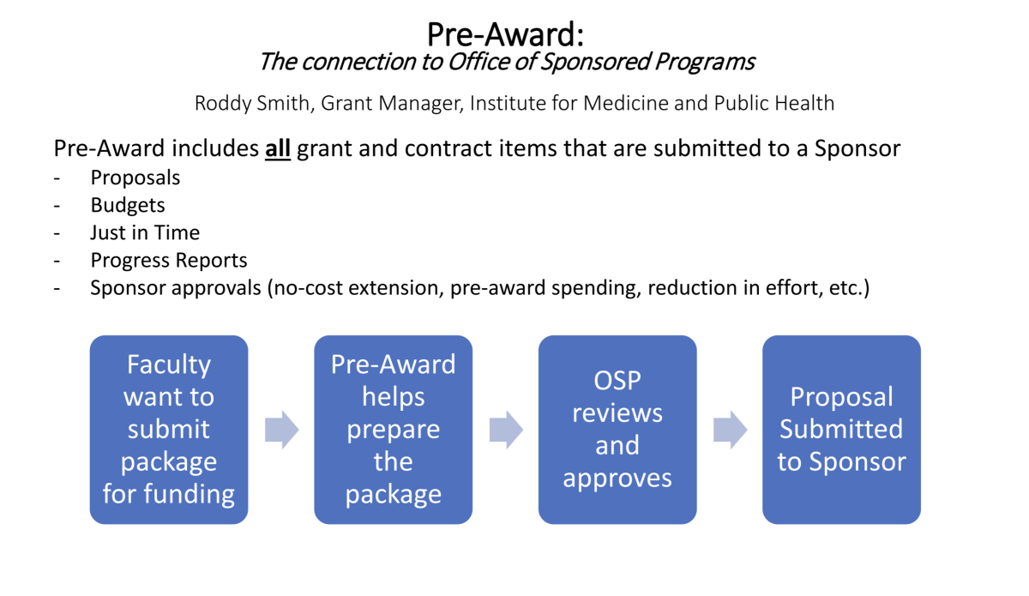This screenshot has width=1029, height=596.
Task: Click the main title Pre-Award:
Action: click(x=505, y=34)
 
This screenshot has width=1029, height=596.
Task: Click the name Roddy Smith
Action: click(x=252, y=103)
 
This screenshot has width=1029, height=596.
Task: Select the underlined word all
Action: click(x=278, y=148)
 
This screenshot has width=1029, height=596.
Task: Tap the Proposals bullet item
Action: click(x=135, y=178)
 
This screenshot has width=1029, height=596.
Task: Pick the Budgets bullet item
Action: click(x=128, y=206)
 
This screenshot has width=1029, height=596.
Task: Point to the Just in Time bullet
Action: click(x=145, y=232)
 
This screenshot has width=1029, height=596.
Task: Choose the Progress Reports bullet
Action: click(x=169, y=261)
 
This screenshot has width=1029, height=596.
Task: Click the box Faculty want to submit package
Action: click(x=169, y=429)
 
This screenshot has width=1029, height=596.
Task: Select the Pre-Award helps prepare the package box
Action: click(x=394, y=429)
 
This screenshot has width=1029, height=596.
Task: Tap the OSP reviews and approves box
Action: click(x=617, y=429)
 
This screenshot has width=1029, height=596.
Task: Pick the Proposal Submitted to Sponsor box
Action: click(x=841, y=429)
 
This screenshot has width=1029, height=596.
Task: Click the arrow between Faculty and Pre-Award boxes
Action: click(x=281, y=430)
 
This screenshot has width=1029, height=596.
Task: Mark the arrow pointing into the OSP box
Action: click(x=506, y=430)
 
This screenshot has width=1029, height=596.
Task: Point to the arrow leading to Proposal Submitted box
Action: click(x=730, y=430)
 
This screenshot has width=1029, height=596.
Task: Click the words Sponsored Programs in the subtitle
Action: click(x=647, y=62)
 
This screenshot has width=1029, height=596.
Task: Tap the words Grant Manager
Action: click(x=392, y=104)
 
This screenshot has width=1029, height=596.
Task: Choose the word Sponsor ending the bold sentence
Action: click(x=857, y=149)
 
